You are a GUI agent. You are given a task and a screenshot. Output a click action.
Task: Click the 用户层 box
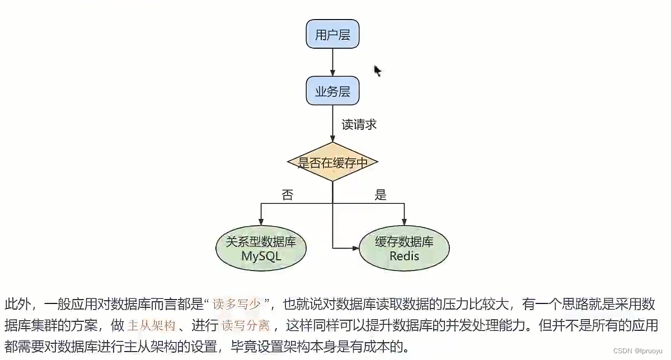pyautogui.click(x=332, y=34)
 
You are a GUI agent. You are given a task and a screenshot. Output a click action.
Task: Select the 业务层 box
pyautogui.click(x=332, y=91)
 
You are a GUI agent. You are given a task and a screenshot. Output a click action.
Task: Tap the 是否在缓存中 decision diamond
pyautogui.click(x=332, y=162)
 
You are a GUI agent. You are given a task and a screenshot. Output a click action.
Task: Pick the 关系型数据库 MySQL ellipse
pyautogui.click(x=261, y=249)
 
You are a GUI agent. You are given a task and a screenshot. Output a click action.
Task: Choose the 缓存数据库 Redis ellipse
pyautogui.click(x=404, y=249)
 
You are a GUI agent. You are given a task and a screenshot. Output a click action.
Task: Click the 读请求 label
pyautogui.click(x=359, y=125)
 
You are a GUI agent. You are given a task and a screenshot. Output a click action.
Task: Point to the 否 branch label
pyautogui.click(x=287, y=195)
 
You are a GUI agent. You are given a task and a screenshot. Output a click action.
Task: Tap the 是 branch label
pyautogui.click(x=381, y=195)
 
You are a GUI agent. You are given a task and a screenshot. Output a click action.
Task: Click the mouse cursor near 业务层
pyautogui.click(x=377, y=70)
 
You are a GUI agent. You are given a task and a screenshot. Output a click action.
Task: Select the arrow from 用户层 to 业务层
pyautogui.click(x=332, y=62)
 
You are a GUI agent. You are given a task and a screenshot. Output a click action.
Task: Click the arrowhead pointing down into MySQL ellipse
pyautogui.click(x=261, y=222)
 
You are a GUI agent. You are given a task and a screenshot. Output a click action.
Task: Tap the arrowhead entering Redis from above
pyautogui.click(x=404, y=222)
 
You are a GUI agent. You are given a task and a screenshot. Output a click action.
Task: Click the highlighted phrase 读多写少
pyautogui.click(x=237, y=305)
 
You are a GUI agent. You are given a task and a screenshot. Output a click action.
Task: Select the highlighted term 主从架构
pyautogui.click(x=152, y=325)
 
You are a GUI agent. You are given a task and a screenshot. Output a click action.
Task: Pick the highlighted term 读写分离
pyautogui.click(x=246, y=325)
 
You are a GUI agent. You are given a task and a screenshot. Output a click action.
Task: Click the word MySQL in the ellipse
pyautogui.click(x=261, y=256)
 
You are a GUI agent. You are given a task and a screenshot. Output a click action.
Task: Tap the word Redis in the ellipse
pyautogui.click(x=404, y=256)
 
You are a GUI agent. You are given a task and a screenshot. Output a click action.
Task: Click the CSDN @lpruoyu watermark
pyautogui.click(x=638, y=350)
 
